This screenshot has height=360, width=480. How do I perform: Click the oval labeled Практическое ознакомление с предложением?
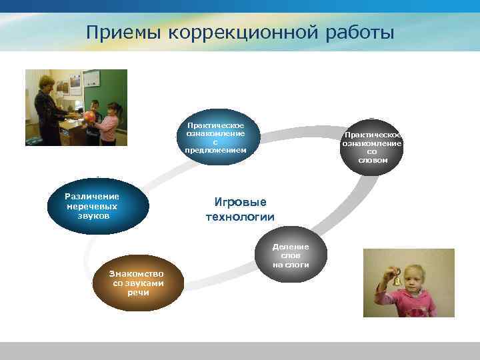[x=215, y=137]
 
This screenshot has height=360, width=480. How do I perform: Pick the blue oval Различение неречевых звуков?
[x=92, y=206]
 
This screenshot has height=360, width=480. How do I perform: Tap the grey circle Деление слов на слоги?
[x=291, y=256]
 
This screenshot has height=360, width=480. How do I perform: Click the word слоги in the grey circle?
[x=291, y=265]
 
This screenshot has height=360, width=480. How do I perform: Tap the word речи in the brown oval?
[x=138, y=293]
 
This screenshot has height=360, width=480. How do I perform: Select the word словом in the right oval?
[x=372, y=160]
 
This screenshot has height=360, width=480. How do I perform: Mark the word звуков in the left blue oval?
[x=92, y=216]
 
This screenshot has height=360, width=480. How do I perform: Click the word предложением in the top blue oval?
[x=215, y=150]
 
